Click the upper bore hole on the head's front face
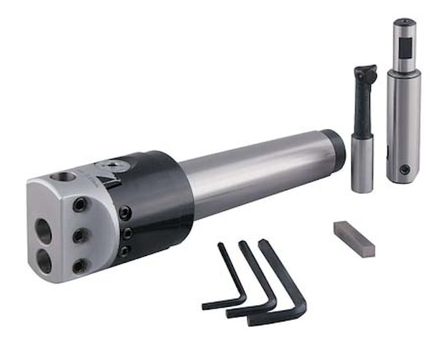43,231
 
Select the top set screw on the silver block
81,205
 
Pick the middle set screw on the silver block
80,235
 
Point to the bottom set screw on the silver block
80,265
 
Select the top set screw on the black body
125,214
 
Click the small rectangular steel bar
354,238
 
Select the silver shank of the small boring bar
362,162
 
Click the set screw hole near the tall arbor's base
404,169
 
